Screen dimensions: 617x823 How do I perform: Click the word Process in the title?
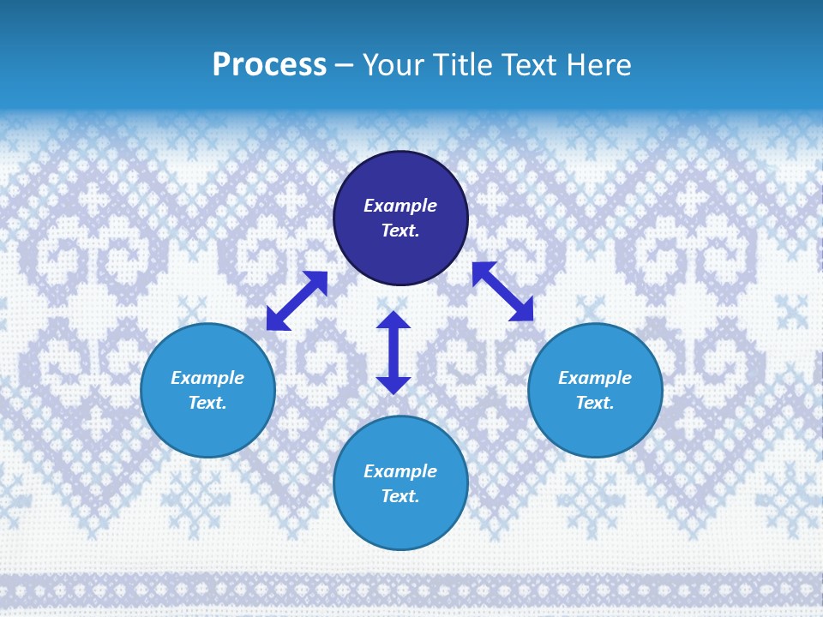(269, 65)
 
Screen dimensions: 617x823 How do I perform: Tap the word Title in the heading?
(464, 65)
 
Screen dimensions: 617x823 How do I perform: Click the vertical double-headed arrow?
(393, 352)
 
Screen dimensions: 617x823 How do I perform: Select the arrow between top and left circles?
(297, 300)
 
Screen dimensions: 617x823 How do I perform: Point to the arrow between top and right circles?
(502, 291)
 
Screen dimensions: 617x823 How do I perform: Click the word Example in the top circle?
(400, 206)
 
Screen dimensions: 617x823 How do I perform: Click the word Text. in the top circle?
(400, 231)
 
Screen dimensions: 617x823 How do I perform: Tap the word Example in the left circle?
(207, 378)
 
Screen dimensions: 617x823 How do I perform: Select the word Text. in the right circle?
(595, 403)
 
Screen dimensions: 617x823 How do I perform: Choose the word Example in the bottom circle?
(400, 471)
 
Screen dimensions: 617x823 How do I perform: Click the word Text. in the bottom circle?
(400, 496)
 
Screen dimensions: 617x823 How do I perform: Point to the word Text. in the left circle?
(207, 403)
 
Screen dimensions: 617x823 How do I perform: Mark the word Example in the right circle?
(595, 378)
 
